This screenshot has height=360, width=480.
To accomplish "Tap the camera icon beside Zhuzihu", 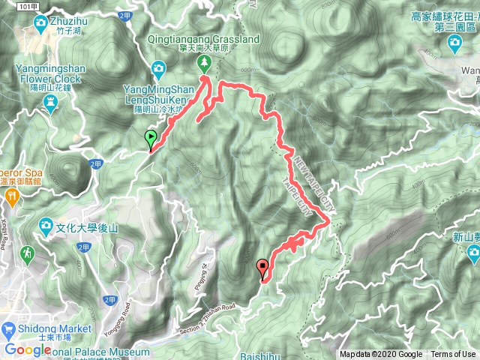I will [x=40, y=23].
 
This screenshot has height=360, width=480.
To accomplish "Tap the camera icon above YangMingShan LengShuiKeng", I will [x=158, y=70].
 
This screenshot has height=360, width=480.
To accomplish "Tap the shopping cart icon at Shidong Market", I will [x=9, y=328].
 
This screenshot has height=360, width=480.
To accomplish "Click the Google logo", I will [x=28, y=349].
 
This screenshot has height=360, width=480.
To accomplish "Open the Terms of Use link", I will [x=452, y=355].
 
